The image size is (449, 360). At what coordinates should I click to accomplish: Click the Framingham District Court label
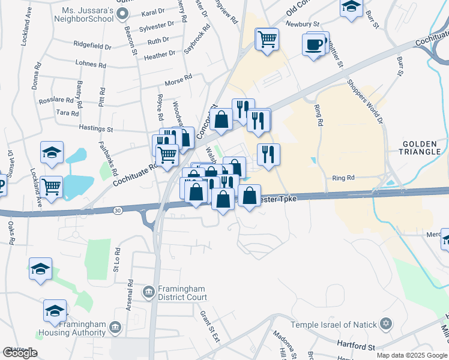click(182, 293)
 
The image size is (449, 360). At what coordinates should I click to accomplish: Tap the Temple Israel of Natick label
click(333, 325)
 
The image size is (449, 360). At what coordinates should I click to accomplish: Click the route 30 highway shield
click(116, 209)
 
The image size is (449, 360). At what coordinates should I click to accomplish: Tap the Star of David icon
click(387, 325)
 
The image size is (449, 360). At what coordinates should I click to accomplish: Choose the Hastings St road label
click(96, 128)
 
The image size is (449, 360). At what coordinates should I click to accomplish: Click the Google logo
click(20, 353)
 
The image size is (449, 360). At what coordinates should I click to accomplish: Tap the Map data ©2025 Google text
click(412, 355)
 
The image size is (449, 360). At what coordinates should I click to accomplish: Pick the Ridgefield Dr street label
click(92, 46)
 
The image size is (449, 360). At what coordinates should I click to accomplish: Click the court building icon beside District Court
click(148, 292)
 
